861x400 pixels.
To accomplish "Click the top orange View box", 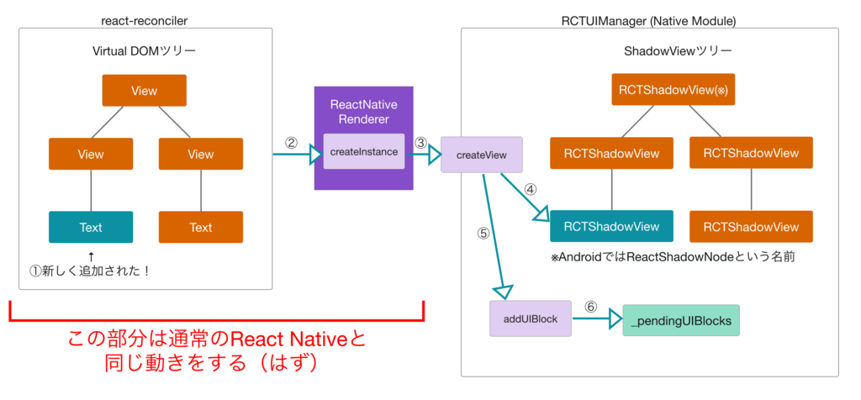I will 144,91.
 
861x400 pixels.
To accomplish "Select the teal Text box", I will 91,227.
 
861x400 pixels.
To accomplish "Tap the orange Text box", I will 201,227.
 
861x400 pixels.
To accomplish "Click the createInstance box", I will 363,151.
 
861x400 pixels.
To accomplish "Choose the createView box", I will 481,155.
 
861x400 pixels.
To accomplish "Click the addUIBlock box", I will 530,318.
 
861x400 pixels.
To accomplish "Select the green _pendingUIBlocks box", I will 681,320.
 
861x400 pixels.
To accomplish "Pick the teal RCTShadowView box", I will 611,226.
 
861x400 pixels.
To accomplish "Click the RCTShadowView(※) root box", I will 672,89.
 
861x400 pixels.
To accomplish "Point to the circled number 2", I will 291,142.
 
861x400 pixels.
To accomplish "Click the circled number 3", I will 421,142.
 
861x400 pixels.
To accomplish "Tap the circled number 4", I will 531,190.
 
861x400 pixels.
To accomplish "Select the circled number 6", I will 591,307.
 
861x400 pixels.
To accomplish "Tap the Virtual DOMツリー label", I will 144,51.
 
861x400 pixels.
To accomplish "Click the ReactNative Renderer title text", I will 363,112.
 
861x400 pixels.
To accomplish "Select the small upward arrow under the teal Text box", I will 91,254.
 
